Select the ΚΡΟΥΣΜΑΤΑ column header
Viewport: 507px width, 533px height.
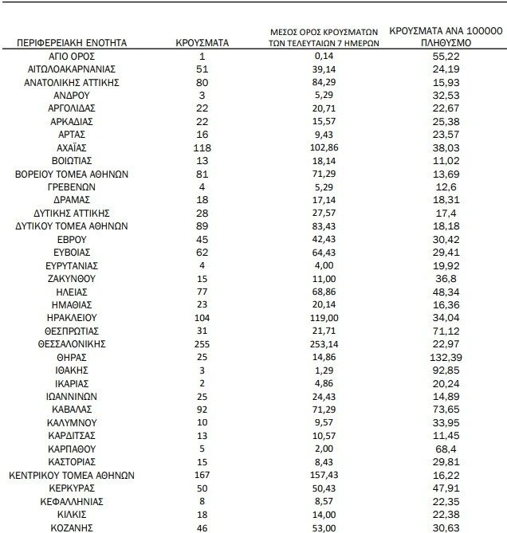(x=202, y=41)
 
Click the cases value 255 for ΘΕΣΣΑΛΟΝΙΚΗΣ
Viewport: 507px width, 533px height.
(x=202, y=343)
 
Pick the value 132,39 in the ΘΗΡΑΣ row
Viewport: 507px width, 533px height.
(x=445, y=358)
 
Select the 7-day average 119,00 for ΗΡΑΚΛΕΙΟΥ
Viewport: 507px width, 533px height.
(x=324, y=315)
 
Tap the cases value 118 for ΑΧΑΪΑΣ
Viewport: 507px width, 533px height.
(x=202, y=147)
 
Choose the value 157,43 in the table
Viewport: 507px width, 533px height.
(x=324, y=474)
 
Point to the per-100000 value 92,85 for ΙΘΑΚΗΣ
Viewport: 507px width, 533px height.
(x=445, y=372)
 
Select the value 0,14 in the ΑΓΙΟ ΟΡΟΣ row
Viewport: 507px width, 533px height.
(x=324, y=57)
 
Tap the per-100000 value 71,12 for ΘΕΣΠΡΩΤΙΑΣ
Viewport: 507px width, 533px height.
(x=445, y=329)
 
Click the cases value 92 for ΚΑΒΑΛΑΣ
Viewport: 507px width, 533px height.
(x=202, y=415)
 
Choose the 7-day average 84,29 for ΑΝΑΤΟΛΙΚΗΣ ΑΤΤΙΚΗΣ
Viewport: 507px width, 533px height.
(x=324, y=80)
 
